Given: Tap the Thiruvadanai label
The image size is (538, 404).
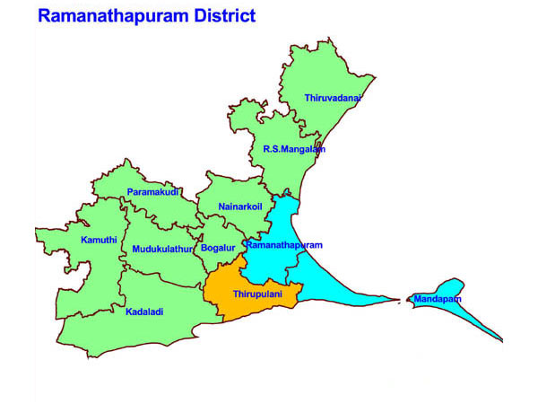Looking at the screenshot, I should click(332, 97).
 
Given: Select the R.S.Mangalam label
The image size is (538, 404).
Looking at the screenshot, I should click(293, 149).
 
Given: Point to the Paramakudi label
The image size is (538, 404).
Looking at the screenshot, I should click(153, 192).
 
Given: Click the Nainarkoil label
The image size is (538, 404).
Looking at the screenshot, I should click(239, 207).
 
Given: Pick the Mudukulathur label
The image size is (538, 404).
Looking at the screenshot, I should click(162, 249).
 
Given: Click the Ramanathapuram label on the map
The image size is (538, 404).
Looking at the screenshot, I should click(283, 245).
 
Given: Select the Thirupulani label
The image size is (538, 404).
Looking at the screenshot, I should click(258, 294).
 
